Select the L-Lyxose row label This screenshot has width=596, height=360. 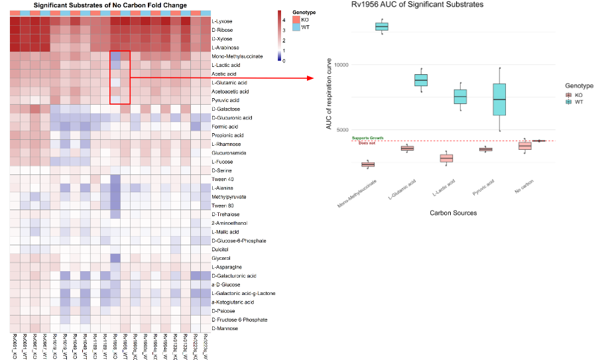(222, 21)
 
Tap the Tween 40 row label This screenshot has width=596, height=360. (222, 179)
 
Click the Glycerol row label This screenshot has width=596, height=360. (221, 258)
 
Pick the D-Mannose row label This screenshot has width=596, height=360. (223, 328)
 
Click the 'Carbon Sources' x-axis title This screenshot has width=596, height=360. (453, 213)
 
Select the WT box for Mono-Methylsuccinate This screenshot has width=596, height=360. (382, 27)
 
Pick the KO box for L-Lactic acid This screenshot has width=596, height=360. (446, 158)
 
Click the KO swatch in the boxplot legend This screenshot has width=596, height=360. (569, 95)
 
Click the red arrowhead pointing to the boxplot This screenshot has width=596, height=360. (311, 78)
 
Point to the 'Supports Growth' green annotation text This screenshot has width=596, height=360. (364, 137)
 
